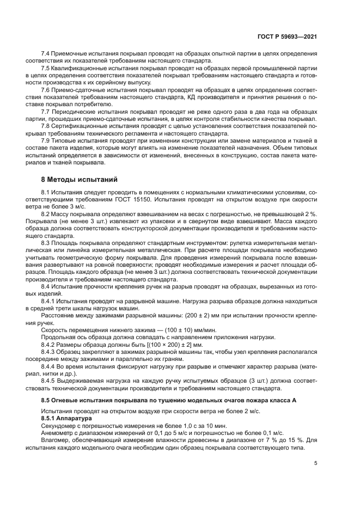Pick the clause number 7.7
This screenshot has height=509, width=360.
47,111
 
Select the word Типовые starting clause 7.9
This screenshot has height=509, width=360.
68,140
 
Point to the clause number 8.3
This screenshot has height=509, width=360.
47,242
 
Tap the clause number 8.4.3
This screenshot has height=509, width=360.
50,352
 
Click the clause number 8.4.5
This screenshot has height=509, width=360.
50,381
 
